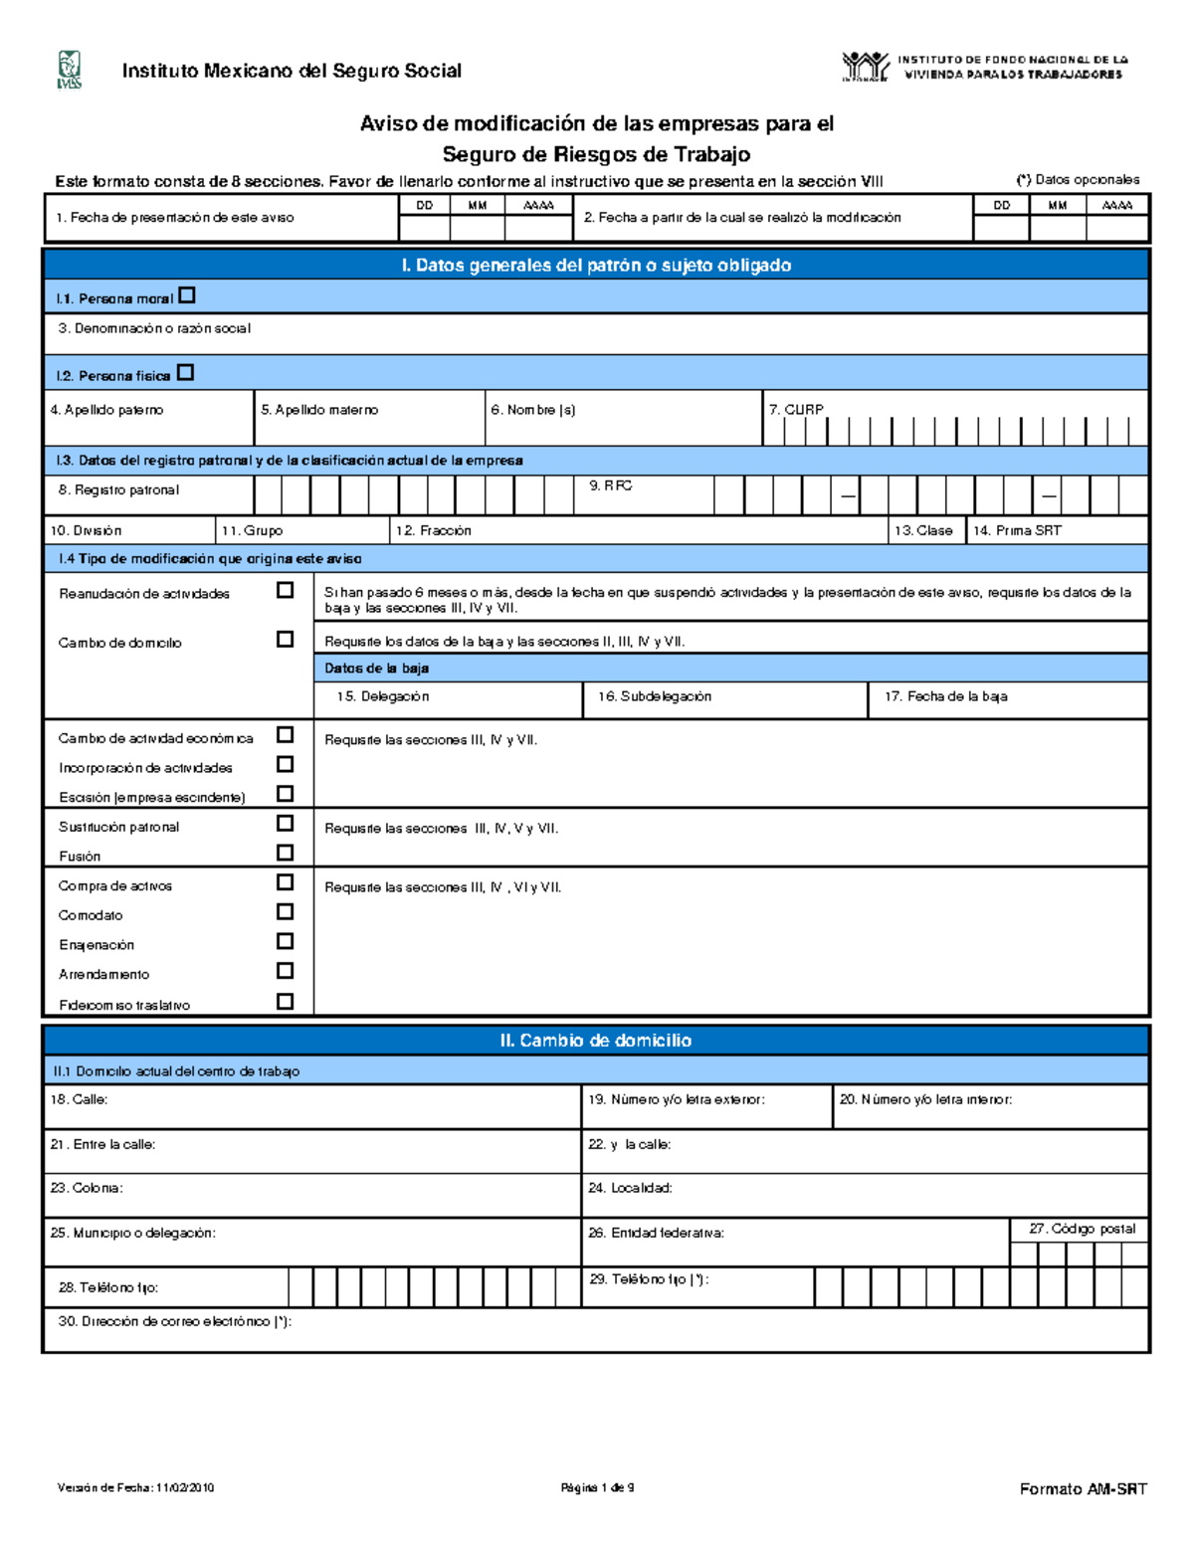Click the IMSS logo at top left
pyautogui.click(x=68, y=70)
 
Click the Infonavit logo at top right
pyautogui.click(x=865, y=67)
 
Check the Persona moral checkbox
pyautogui.click(x=187, y=295)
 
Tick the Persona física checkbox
pyautogui.click(x=185, y=373)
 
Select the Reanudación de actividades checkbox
pyautogui.click(x=285, y=590)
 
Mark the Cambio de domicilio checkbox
pyautogui.click(x=285, y=640)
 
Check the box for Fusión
pyautogui.click(x=285, y=853)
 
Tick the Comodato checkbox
pyautogui.click(x=285, y=911)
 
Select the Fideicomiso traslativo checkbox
pyautogui.click(x=285, y=1002)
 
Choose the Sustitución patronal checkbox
pyautogui.click(x=285, y=823)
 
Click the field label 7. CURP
pyautogui.click(x=795, y=409)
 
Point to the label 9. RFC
pyautogui.click(x=610, y=485)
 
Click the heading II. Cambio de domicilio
pyautogui.click(x=595, y=1041)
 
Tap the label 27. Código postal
pyautogui.click(x=1082, y=1229)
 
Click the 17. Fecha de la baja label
pyautogui.click(x=945, y=696)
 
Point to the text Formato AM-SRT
pyautogui.click(x=1083, y=1489)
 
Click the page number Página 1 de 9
pyautogui.click(x=597, y=1488)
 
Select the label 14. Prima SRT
pyautogui.click(x=1017, y=530)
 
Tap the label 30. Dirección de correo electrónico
pyautogui.click(x=174, y=1322)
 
